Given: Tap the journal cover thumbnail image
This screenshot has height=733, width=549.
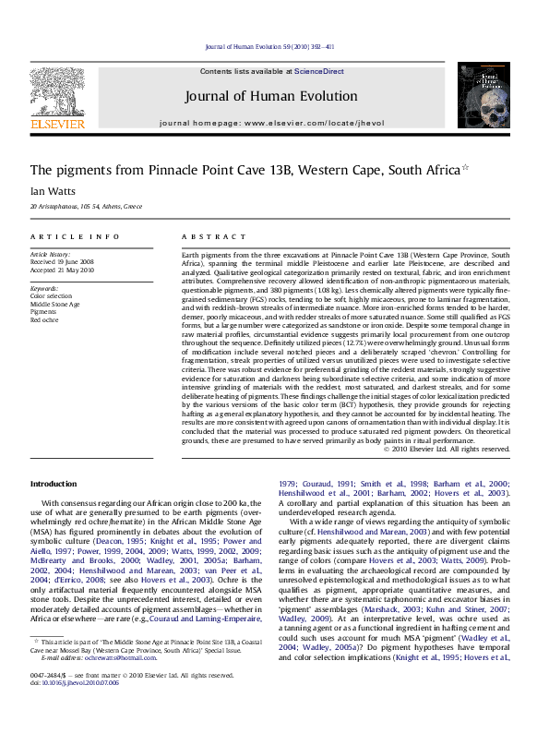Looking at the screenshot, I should click(483, 95).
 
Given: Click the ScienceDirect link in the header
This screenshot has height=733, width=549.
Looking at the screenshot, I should click(319, 70).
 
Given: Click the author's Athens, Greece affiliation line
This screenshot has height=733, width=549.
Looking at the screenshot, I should click(86, 207).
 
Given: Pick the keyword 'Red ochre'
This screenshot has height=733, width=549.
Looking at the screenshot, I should click(44, 320).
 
